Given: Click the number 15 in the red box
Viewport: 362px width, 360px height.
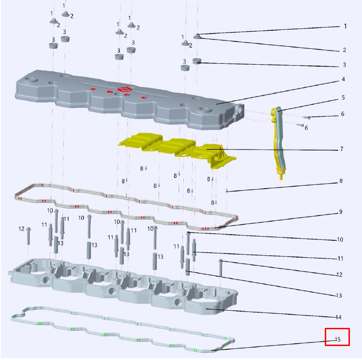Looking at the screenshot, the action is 338,340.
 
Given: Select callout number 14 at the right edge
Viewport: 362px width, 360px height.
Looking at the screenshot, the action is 338,317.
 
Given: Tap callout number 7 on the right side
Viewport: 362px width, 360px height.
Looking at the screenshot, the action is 342,149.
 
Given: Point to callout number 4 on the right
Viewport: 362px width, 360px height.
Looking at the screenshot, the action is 343,79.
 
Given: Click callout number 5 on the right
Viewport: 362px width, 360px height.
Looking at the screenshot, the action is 343,97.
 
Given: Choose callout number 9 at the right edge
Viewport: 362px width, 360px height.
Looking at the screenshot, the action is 341,212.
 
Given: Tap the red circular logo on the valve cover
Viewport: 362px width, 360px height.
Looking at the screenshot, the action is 124,90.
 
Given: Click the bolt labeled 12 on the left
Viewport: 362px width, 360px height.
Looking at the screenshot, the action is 28,236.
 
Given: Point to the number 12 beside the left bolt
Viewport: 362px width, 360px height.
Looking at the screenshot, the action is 21,229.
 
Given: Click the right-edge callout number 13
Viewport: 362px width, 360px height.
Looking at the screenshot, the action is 339,296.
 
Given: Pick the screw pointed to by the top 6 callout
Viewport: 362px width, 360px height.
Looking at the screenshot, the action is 307,118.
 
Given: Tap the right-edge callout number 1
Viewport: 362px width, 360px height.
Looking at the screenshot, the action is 345,26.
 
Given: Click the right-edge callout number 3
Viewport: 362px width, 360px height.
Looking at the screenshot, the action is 344,65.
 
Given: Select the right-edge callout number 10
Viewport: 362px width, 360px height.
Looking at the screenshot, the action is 340,239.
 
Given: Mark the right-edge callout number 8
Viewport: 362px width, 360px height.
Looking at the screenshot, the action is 341,181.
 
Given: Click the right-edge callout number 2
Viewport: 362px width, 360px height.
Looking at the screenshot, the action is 344,50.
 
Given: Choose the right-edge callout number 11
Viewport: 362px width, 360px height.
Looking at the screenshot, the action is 340,258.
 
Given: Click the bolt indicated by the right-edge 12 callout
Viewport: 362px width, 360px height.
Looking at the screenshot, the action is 221,268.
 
